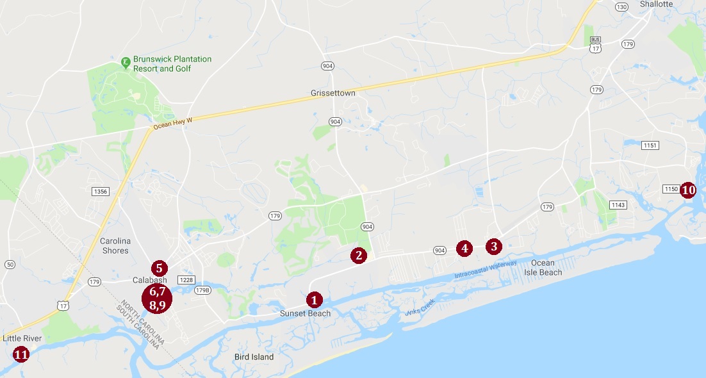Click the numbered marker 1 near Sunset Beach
pyautogui.click(x=314, y=299)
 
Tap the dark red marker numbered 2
pyautogui.click(x=359, y=256)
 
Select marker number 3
pyautogui.click(x=493, y=246)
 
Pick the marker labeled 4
pyautogui.click(x=464, y=248)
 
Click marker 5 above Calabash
pyautogui.click(x=159, y=268)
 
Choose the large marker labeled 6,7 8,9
pyautogui.click(x=158, y=298)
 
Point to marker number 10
pyautogui.click(x=688, y=190)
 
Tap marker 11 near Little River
pyautogui.click(x=21, y=354)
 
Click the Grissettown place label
pyautogui.click(x=332, y=93)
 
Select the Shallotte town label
pyautogui.click(x=657, y=4)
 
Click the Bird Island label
pyautogui.click(x=254, y=357)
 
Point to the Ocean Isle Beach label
pyautogui.click(x=546, y=268)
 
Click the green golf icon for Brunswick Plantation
pyautogui.click(x=126, y=62)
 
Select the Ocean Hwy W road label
pyautogui.click(x=172, y=124)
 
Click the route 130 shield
pyautogui.click(x=621, y=7)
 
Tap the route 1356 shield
pyautogui.click(x=100, y=192)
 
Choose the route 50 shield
pyautogui.click(x=9, y=265)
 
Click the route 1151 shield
pyautogui.click(x=650, y=145)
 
